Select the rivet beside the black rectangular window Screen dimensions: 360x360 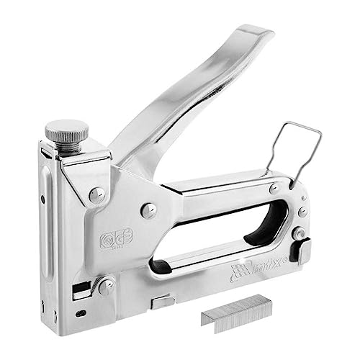pyautogui.click(x=105, y=286)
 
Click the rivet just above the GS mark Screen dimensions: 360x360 pyautogui.click(x=148, y=210)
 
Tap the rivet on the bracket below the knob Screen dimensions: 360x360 pyautogui.click(x=96, y=194)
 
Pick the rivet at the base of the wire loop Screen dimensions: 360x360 pyautogui.click(x=274, y=188)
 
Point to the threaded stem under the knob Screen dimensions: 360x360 pyautogui.click(x=68, y=146)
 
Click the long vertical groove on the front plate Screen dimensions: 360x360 pyautogui.click(x=51, y=230)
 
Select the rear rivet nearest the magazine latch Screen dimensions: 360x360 pyautogui.click(x=297, y=233)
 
